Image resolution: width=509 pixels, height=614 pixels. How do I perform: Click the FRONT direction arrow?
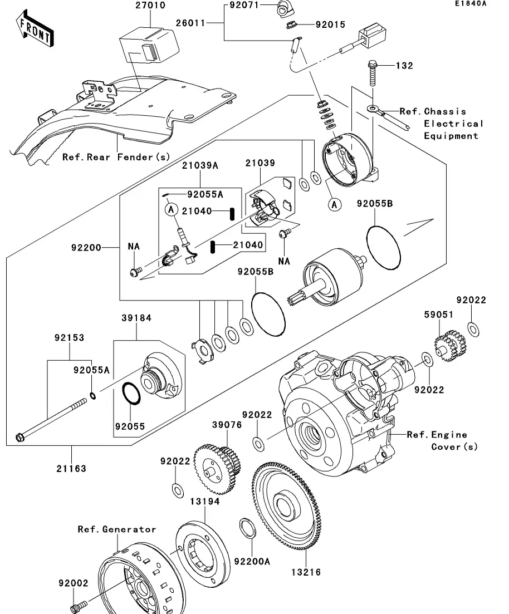click(35, 31)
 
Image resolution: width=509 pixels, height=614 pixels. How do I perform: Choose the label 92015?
click(330, 24)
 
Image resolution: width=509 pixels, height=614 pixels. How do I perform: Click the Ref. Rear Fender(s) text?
click(116, 157)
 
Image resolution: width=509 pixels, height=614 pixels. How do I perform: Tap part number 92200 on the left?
click(86, 247)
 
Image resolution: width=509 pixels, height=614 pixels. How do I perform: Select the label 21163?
click(71, 468)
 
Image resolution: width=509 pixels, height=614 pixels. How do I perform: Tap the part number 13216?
click(305, 572)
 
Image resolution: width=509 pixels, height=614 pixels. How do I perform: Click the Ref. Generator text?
click(117, 529)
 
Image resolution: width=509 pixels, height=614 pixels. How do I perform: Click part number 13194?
click(204, 502)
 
